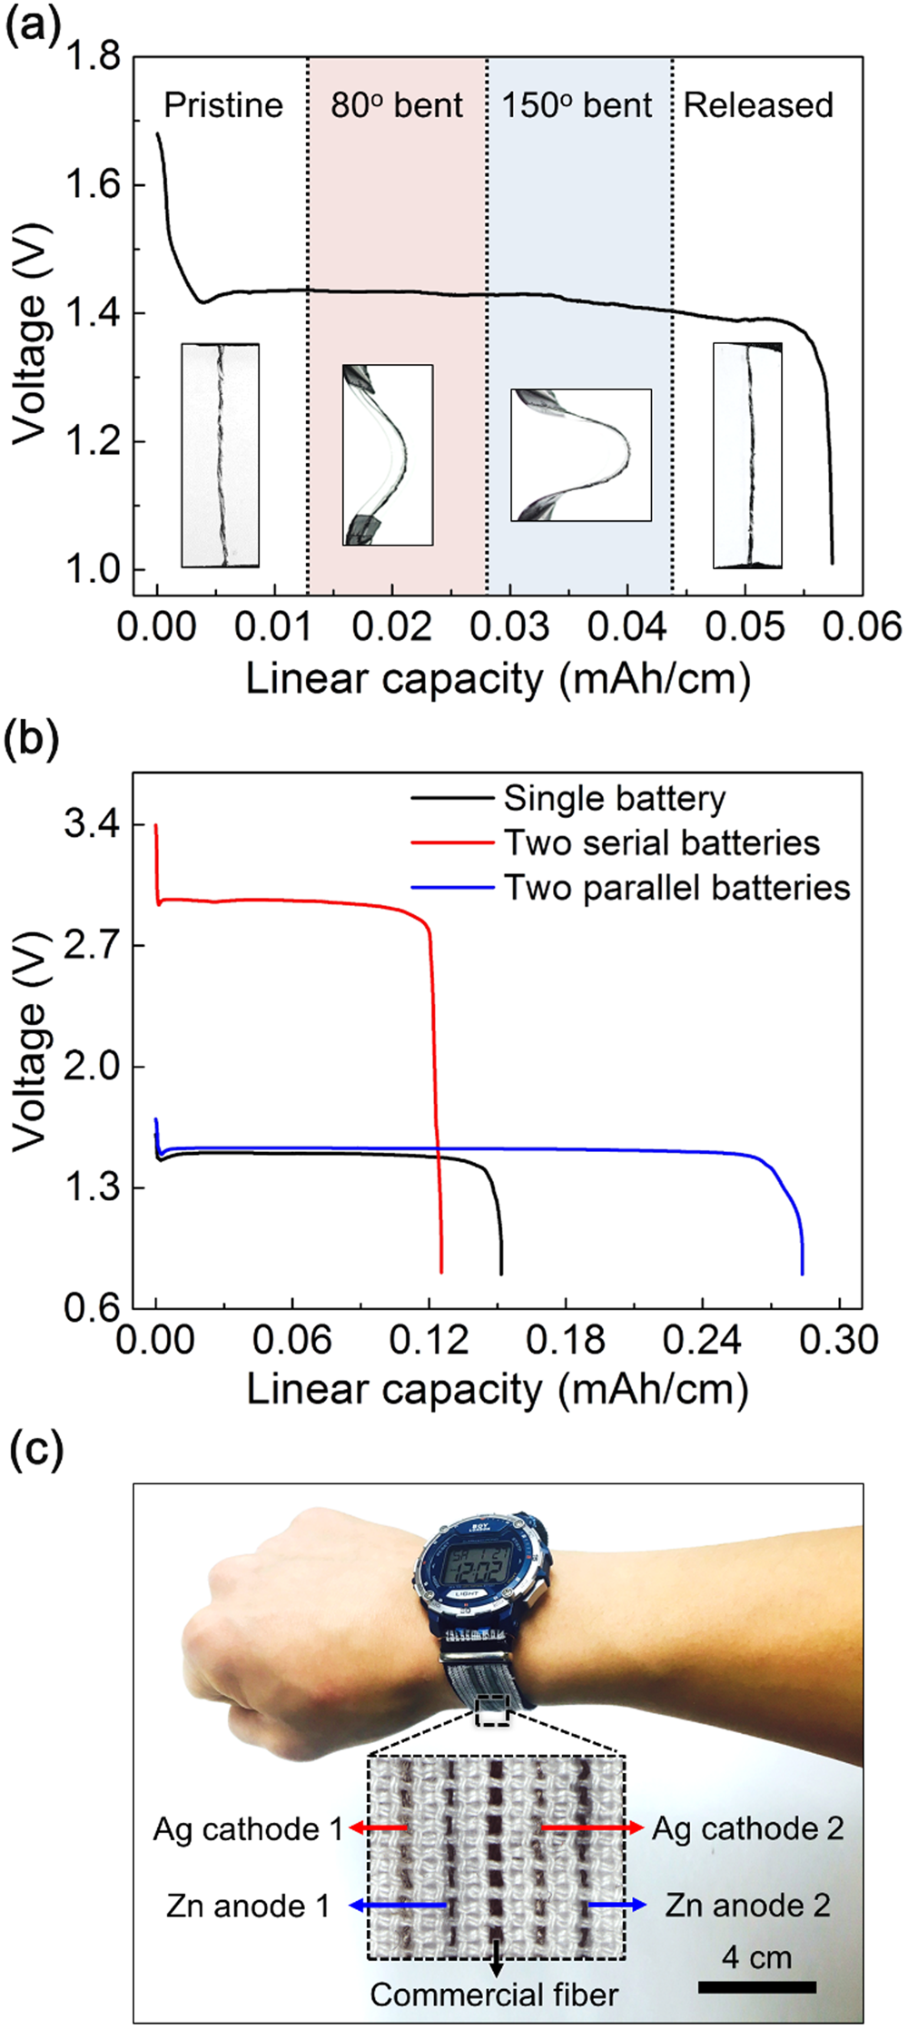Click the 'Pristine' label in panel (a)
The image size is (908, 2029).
[x=222, y=105]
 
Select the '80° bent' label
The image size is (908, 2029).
[x=397, y=105]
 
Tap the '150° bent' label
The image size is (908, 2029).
[x=577, y=105]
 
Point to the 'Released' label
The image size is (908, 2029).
[x=758, y=105]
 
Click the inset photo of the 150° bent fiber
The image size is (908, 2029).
[x=581, y=455]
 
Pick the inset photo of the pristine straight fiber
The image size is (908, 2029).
[x=221, y=455]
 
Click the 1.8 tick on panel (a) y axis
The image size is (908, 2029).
[x=93, y=57]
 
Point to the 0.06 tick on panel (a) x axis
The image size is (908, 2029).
[x=863, y=627]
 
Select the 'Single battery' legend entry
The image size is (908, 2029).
[x=615, y=799]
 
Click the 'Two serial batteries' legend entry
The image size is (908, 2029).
[x=662, y=843]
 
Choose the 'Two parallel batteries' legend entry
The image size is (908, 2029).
[x=677, y=887]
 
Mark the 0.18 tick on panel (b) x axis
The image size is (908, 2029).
[x=566, y=1340]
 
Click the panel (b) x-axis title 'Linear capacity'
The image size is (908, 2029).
[x=497, y=1389]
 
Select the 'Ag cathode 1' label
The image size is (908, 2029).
[x=247, y=1827]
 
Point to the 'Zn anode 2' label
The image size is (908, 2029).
[x=747, y=1905]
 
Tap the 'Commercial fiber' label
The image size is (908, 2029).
[x=494, y=1995]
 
